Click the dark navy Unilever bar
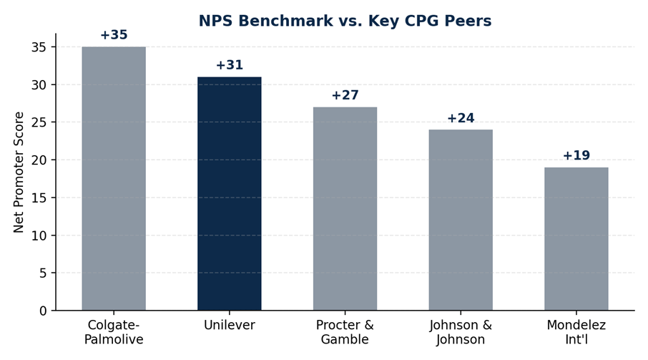tap(230, 193)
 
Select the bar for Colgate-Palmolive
tap(114, 178)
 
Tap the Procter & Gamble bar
tap(345, 209)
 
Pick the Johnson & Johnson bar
tap(461, 220)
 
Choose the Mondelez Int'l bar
tap(576, 239)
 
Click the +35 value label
tap(114, 35)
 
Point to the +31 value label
tap(230, 65)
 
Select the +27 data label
tap(345, 95)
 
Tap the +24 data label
tap(461, 118)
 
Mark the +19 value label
tap(576, 155)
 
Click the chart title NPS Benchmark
tap(345, 21)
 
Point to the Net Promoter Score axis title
tap(19, 172)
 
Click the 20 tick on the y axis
tap(39, 160)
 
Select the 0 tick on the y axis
tap(43, 311)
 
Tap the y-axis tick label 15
tap(39, 198)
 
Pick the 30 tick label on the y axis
tap(39, 84)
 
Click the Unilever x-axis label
tap(230, 325)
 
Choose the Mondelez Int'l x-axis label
tap(576, 332)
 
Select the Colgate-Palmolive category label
tap(114, 332)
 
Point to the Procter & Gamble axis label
tap(345, 332)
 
